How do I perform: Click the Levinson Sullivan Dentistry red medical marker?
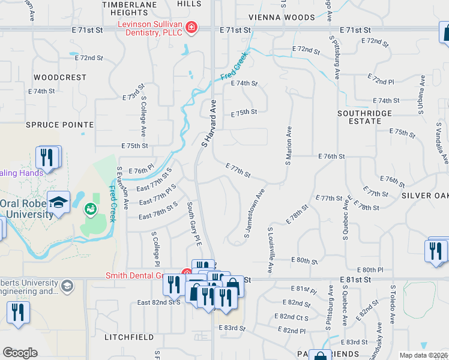(x=191, y=27)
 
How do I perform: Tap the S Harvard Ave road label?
(x=208, y=124)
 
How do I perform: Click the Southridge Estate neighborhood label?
(x=364, y=117)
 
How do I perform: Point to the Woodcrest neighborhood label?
(x=60, y=78)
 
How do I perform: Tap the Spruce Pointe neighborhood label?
(x=59, y=125)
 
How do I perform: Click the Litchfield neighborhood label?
(x=127, y=338)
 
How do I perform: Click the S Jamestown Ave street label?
(x=255, y=214)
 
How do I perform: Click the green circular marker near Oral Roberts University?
(x=90, y=209)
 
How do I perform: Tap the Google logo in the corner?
(x=20, y=353)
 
